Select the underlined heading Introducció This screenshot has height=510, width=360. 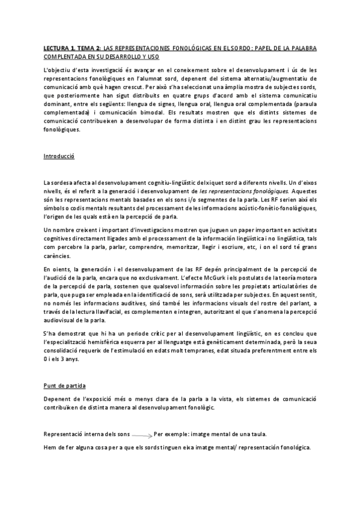[58, 156]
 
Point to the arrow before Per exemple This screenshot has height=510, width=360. [141, 434]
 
